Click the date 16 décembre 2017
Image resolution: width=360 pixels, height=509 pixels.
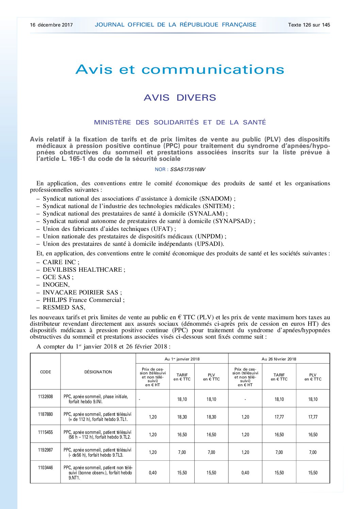(51, 25)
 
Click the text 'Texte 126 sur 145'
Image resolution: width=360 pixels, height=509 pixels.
(309, 25)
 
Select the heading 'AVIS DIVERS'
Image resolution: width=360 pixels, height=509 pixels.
(180, 98)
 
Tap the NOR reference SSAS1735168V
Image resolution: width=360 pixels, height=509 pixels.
(188, 169)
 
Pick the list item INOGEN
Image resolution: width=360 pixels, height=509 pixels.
(56, 285)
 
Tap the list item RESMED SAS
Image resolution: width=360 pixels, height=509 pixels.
(64, 307)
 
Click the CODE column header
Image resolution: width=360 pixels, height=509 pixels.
(45, 372)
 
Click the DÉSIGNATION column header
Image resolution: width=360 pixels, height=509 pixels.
(98, 372)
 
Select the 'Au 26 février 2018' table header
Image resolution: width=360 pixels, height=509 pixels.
(279, 359)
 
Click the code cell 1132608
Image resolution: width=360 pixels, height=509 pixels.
(45, 397)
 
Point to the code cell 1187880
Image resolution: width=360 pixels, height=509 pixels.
(45, 414)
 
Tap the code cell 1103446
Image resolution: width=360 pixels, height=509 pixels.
(45, 468)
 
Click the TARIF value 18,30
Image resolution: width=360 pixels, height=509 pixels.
(182, 417)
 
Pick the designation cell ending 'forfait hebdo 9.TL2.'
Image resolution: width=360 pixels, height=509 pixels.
(97, 435)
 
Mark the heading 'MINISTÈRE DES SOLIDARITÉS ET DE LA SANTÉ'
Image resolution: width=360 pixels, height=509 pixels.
(180, 122)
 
